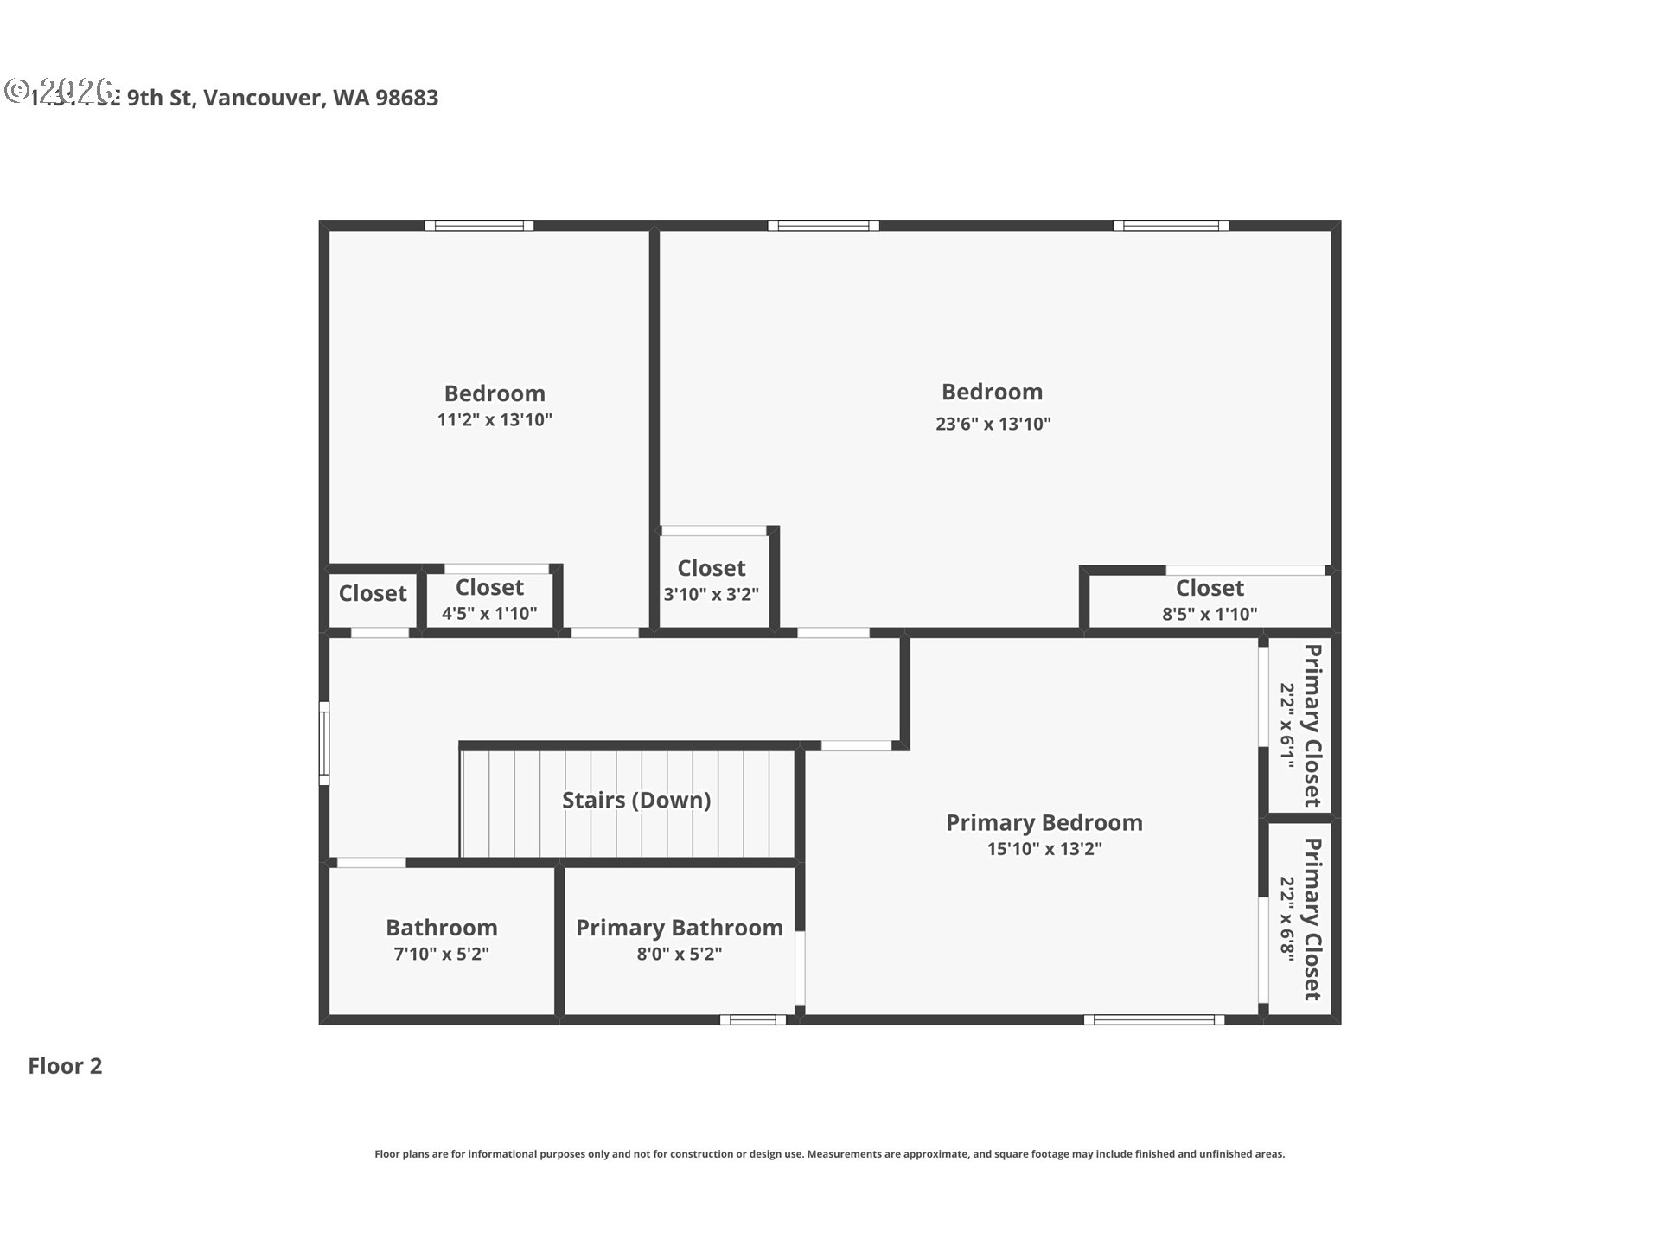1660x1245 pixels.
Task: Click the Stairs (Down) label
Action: pyautogui.click(x=636, y=800)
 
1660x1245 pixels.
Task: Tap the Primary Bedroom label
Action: pyautogui.click(x=1044, y=822)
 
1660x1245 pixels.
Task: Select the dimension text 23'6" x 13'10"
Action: pyautogui.click(x=993, y=424)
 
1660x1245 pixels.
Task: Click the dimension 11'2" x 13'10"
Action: pyautogui.click(x=494, y=420)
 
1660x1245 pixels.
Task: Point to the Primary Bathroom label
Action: pyautogui.click(x=679, y=928)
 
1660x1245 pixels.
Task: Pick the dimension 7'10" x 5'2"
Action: pyautogui.click(x=441, y=954)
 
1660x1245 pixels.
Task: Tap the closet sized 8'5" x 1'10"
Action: pyautogui.click(x=1209, y=600)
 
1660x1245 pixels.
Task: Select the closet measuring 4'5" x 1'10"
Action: pyautogui.click(x=489, y=599)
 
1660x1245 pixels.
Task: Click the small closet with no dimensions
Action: pyautogui.click(x=372, y=594)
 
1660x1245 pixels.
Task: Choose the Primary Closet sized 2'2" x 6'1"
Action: pyautogui.click(x=1299, y=725)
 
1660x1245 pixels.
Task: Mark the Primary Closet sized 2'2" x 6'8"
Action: pyautogui.click(x=1299, y=919)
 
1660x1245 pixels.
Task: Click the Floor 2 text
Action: pyautogui.click(x=65, y=1066)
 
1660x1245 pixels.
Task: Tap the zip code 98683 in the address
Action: pyautogui.click(x=407, y=98)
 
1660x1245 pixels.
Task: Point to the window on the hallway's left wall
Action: pyautogui.click(x=324, y=744)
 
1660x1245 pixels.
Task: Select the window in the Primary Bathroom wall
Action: pyautogui.click(x=753, y=1020)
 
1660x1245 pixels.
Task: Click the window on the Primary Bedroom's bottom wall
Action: pyautogui.click(x=1154, y=1020)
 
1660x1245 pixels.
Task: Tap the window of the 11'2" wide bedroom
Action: pyautogui.click(x=479, y=226)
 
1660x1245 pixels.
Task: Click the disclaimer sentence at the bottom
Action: pyautogui.click(x=829, y=1154)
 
